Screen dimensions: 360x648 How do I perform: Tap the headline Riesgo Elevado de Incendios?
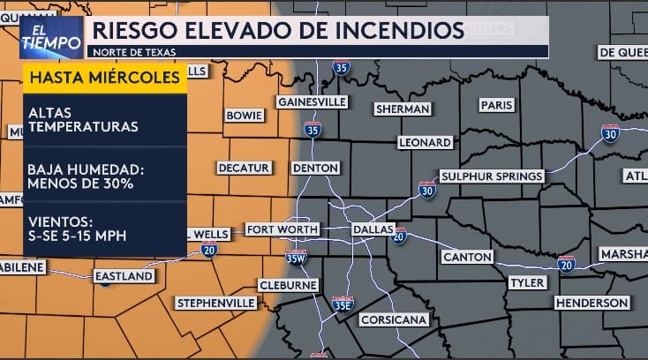[277, 31]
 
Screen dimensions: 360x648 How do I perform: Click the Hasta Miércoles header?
[106, 79]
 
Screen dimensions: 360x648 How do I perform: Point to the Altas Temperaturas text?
[83, 120]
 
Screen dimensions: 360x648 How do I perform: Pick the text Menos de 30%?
[80, 184]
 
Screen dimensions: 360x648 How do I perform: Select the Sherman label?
[403, 109]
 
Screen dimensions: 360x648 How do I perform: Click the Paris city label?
[496, 105]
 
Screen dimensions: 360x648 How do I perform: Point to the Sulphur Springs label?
[491, 176]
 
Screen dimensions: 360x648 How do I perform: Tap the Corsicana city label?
[394, 319]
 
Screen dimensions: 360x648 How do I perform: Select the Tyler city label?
[528, 282]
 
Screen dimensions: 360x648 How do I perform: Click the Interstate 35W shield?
[297, 257]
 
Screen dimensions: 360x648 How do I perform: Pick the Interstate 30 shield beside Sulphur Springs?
[427, 189]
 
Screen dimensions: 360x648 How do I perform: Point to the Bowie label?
[245, 116]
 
